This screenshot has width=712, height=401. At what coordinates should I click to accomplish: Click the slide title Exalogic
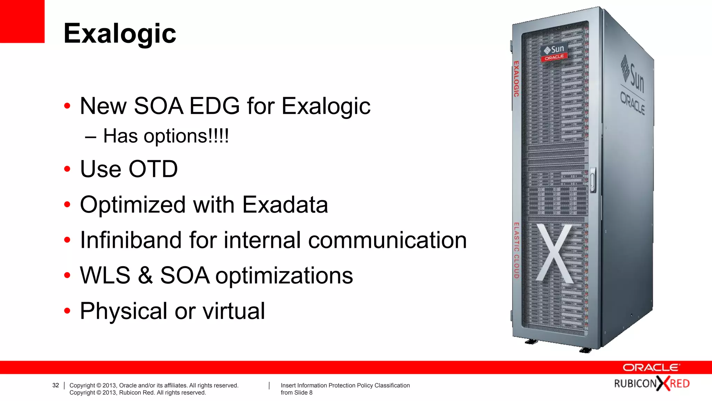(x=120, y=34)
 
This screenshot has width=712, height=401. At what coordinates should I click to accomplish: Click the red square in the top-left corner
(x=22, y=21)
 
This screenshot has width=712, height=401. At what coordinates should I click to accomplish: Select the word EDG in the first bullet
(x=215, y=106)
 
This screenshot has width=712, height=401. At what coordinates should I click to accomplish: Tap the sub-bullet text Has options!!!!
(x=166, y=136)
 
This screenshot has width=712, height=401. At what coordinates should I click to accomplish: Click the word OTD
(x=153, y=169)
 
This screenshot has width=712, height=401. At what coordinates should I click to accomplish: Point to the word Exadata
(x=285, y=205)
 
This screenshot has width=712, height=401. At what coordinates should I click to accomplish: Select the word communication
(x=387, y=240)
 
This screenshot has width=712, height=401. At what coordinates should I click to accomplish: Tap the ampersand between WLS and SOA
(x=145, y=275)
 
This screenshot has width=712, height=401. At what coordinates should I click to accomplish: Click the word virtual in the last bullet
(x=234, y=311)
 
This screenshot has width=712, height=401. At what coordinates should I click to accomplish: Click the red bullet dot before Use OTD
(x=67, y=169)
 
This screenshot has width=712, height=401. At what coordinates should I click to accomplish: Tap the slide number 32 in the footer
(x=56, y=385)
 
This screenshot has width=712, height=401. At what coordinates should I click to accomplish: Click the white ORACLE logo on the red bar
(x=651, y=368)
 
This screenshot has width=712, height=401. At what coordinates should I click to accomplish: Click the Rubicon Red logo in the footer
(x=652, y=384)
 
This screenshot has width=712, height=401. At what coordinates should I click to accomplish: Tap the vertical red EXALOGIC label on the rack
(x=516, y=79)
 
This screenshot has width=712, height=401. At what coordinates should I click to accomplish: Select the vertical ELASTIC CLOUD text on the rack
(x=516, y=250)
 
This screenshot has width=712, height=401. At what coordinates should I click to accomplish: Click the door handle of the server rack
(x=593, y=180)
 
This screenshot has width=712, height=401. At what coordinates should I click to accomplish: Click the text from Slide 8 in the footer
(x=297, y=393)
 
